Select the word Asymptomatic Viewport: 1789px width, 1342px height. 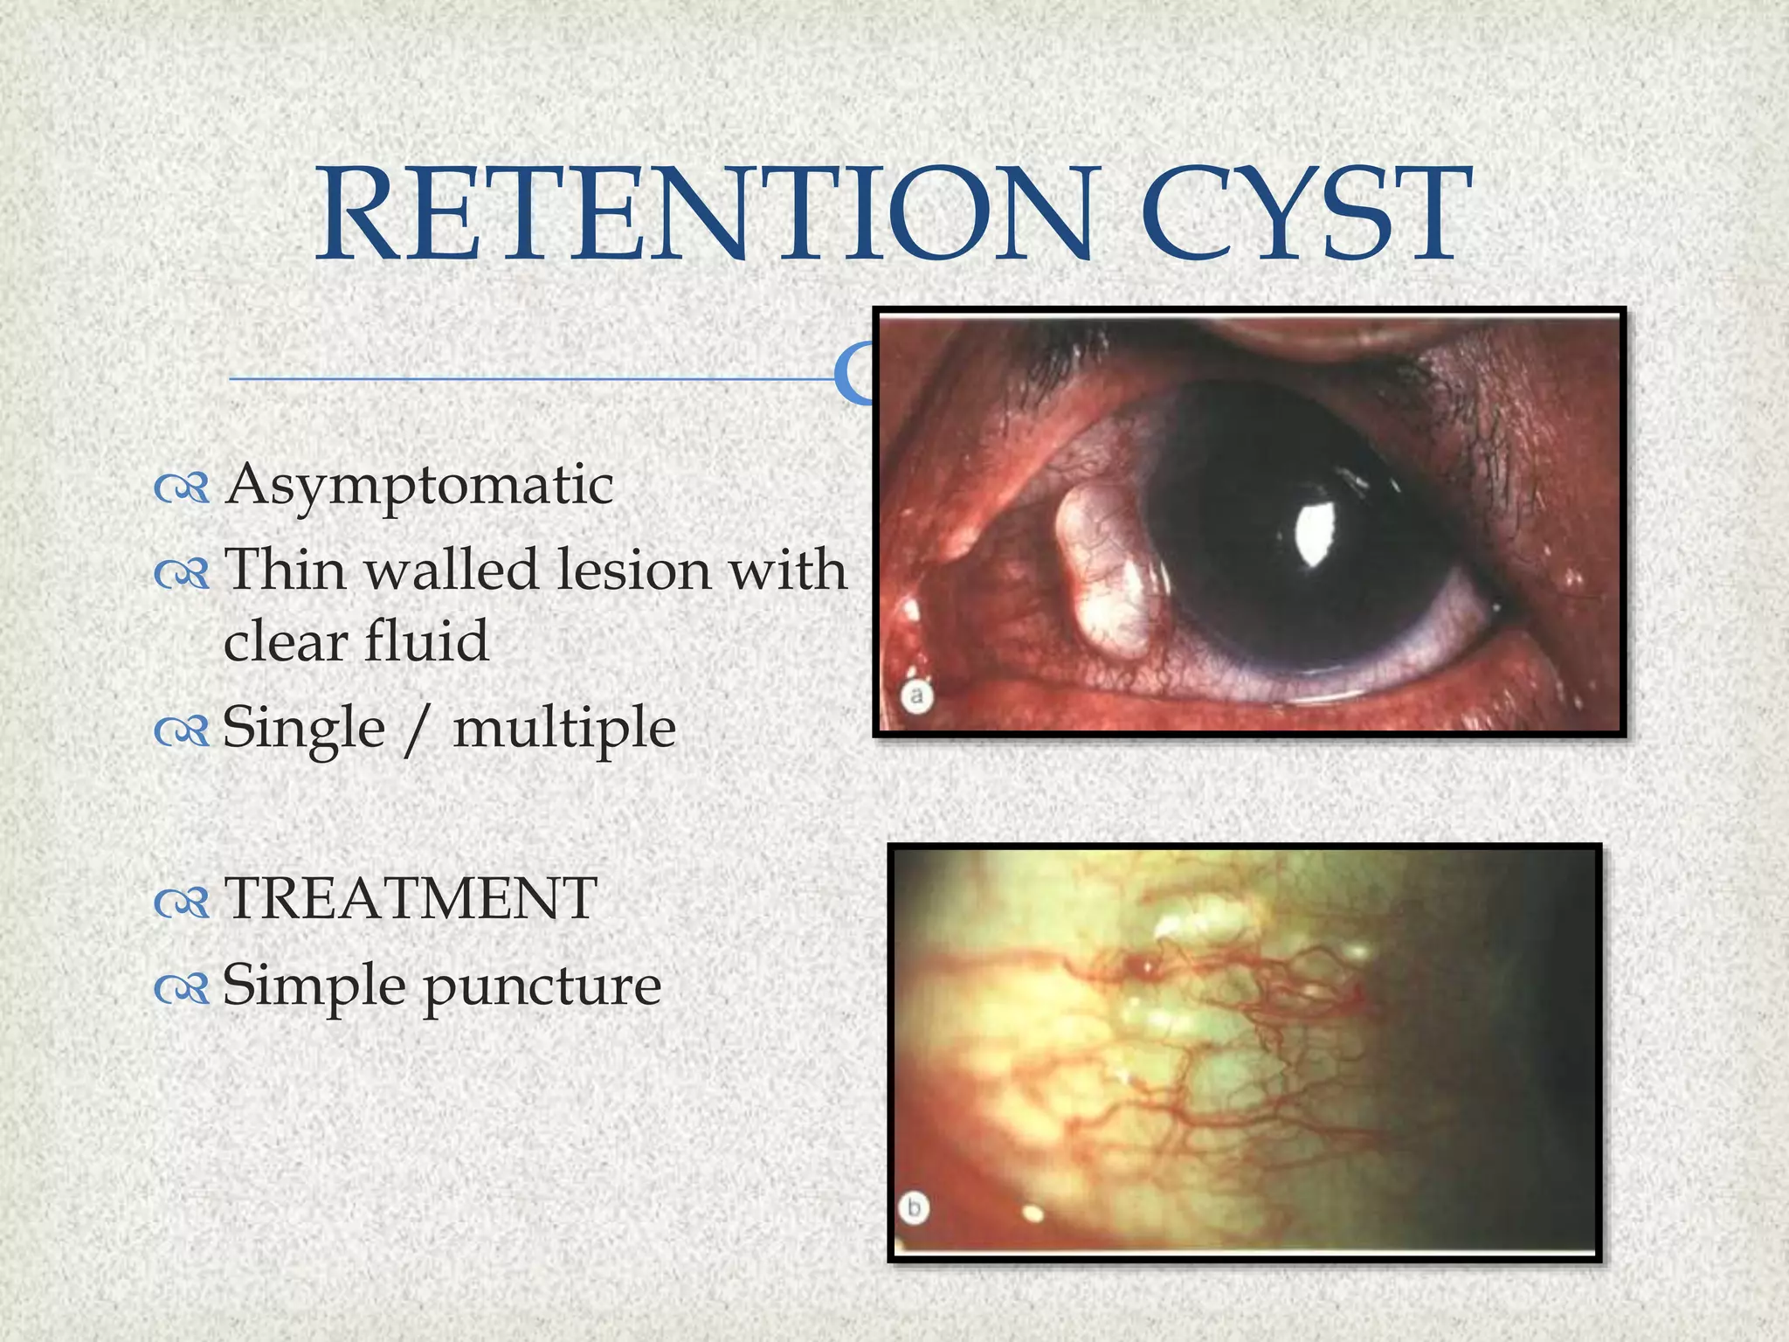(x=419, y=486)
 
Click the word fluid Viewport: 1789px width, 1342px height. (x=425, y=640)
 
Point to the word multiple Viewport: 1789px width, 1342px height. (x=564, y=729)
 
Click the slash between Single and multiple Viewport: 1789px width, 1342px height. (x=418, y=729)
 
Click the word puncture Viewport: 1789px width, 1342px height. (x=542, y=987)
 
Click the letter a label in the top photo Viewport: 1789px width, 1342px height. (x=916, y=696)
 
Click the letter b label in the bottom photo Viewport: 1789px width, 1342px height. (x=914, y=1209)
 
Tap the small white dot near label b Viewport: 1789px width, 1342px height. (x=1033, y=1213)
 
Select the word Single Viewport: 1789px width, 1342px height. (x=303, y=729)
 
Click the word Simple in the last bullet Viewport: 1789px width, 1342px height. (x=314, y=987)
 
